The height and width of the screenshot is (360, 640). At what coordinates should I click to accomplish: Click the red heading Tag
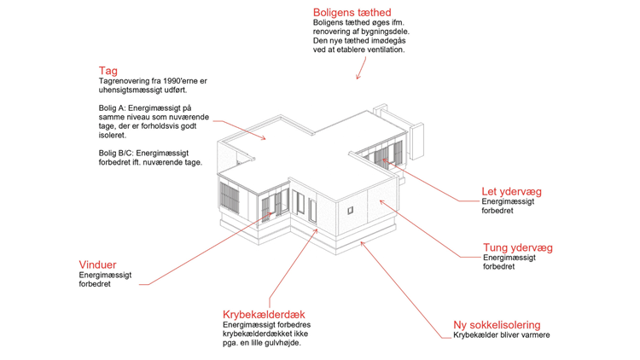[108, 71]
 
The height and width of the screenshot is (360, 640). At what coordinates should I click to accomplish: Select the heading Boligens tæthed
[352, 13]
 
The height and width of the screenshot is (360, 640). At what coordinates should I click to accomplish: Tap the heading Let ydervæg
[511, 191]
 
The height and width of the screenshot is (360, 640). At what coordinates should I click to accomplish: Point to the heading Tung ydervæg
[518, 247]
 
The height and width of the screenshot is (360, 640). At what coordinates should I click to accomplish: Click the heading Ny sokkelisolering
[497, 325]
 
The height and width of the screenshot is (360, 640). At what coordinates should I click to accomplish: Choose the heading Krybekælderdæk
[264, 314]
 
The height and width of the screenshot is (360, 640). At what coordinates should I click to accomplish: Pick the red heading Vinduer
[97, 264]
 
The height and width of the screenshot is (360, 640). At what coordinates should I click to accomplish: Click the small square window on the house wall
[350, 210]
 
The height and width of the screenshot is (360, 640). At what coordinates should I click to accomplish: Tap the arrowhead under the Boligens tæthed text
[358, 77]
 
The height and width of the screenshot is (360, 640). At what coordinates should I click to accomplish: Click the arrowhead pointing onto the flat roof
[264, 138]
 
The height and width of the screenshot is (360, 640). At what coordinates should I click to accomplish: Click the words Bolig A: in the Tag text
[113, 108]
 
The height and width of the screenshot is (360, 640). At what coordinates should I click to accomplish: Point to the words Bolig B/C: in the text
[116, 153]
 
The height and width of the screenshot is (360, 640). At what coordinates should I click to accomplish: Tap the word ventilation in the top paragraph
[386, 49]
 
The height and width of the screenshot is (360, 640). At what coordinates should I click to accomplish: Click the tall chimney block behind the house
[416, 141]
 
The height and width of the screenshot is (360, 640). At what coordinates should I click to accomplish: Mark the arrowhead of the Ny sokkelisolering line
[363, 244]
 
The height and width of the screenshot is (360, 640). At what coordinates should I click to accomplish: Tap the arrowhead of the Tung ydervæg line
[382, 201]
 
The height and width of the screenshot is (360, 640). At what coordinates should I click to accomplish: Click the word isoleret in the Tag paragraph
[113, 135]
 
